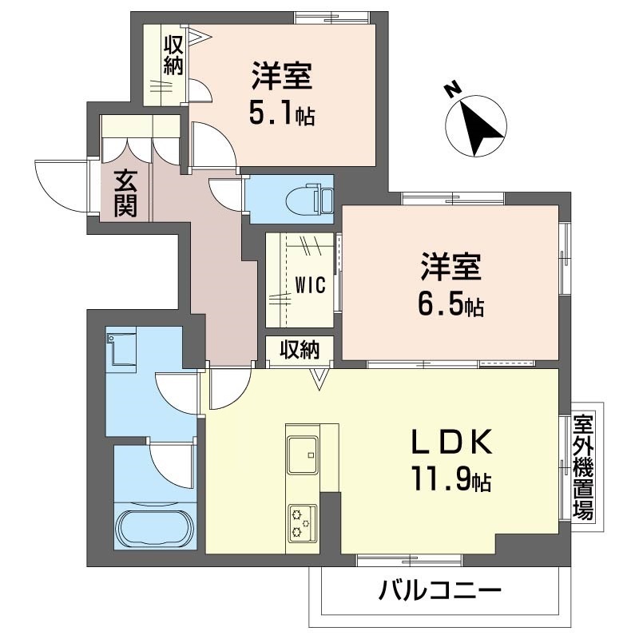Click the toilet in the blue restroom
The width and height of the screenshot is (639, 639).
point(310,200)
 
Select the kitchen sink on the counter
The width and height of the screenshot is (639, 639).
point(303,454)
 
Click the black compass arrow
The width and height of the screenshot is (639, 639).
point(482,129)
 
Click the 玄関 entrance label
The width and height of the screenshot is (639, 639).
point(125,193)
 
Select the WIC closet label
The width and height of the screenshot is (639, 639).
point(310,284)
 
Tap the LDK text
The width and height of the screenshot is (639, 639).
point(452,443)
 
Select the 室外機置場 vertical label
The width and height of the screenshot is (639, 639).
point(583,466)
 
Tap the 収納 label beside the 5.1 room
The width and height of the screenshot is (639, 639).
point(173,56)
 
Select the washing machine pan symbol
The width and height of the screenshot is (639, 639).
point(121,349)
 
